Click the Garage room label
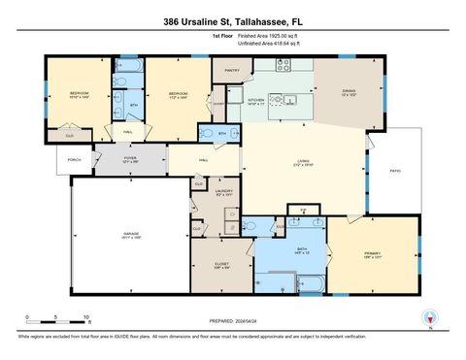tap(130, 235)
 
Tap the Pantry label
tap(232, 71)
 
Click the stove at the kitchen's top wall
tap(283, 66)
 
